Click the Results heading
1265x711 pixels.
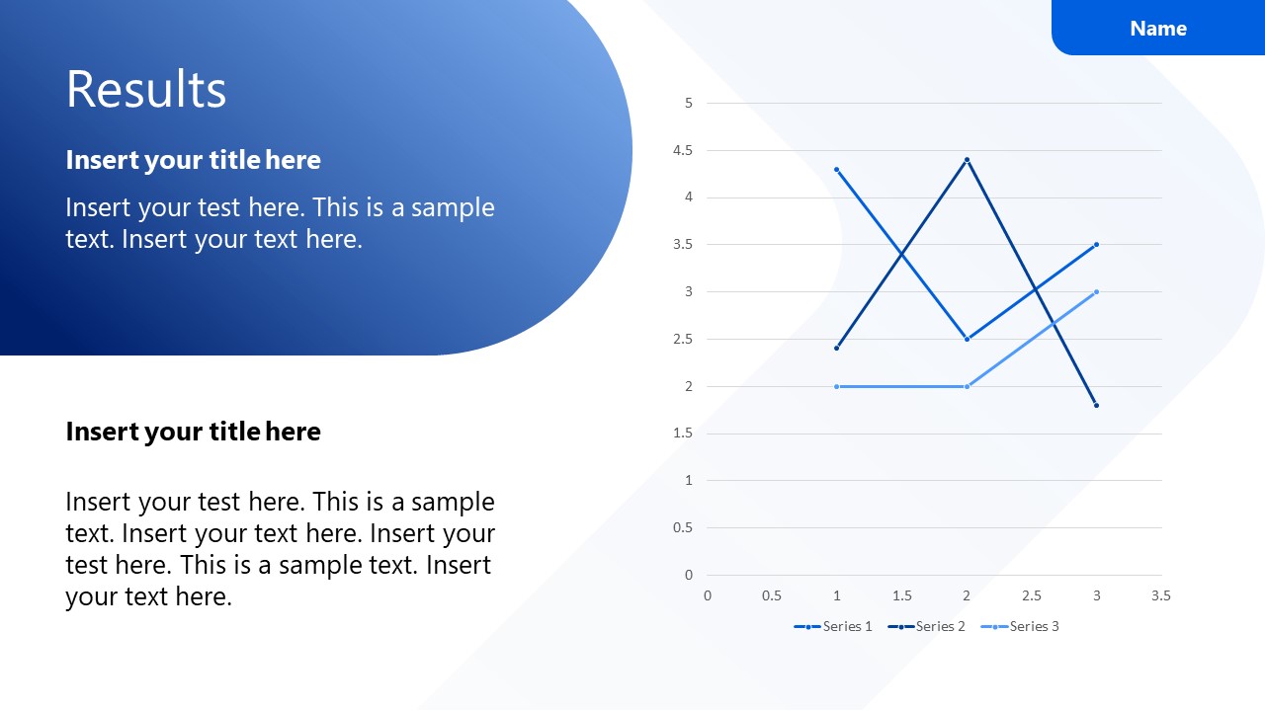[146, 90]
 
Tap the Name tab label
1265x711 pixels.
[1158, 29]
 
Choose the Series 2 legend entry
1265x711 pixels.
[927, 626]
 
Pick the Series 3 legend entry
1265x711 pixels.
[1020, 626]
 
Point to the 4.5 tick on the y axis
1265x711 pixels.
[683, 150]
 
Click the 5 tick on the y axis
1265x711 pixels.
[689, 103]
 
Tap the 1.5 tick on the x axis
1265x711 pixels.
[901, 595]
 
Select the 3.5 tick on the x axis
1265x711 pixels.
[1161, 595]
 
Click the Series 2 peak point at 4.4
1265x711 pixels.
[967, 159]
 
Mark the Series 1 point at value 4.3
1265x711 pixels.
[837, 169]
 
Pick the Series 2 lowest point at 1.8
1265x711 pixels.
[1096, 405]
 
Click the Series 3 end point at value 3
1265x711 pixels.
[1096, 291]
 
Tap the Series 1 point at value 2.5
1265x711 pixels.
[967, 339]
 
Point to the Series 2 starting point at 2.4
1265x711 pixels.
[837, 348]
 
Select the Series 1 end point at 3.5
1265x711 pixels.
[1096, 244]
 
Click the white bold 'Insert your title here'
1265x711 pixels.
[193, 160]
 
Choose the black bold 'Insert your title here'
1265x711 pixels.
[193, 432]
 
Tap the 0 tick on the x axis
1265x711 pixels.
[708, 595]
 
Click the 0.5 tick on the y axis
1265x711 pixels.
[683, 527]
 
